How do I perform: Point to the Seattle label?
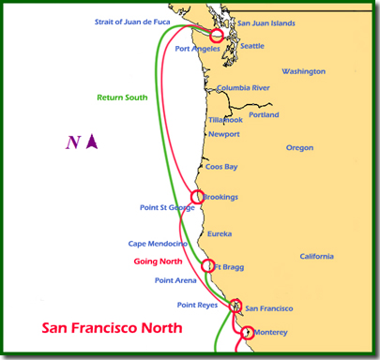tap(252, 45)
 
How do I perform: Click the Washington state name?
tap(303, 71)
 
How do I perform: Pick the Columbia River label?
tap(243, 88)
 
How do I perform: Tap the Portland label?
tap(264, 115)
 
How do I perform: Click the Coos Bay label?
tap(221, 167)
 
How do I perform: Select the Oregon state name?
tap(299, 147)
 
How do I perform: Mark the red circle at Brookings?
tap(197, 197)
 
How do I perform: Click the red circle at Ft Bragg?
tap(208, 266)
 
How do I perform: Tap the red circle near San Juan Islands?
tap(218, 35)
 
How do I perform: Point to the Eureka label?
tap(220, 233)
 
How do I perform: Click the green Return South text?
tap(121, 97)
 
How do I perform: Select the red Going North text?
tap(156, 261)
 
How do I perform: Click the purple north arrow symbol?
tap(92, 142)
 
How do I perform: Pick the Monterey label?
tap(270, 332)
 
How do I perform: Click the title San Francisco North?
tap(112, 329)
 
